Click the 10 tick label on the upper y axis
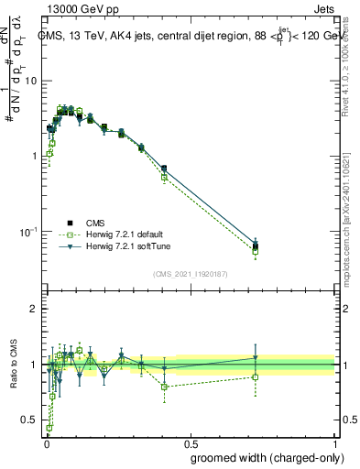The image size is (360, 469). tap(30, 81)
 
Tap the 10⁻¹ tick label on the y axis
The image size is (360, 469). tap(28, 231)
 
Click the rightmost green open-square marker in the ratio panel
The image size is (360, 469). tap(256, 376)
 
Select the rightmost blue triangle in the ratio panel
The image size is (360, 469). tap(256, 358)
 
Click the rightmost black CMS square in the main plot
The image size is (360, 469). tap(256, 246)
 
